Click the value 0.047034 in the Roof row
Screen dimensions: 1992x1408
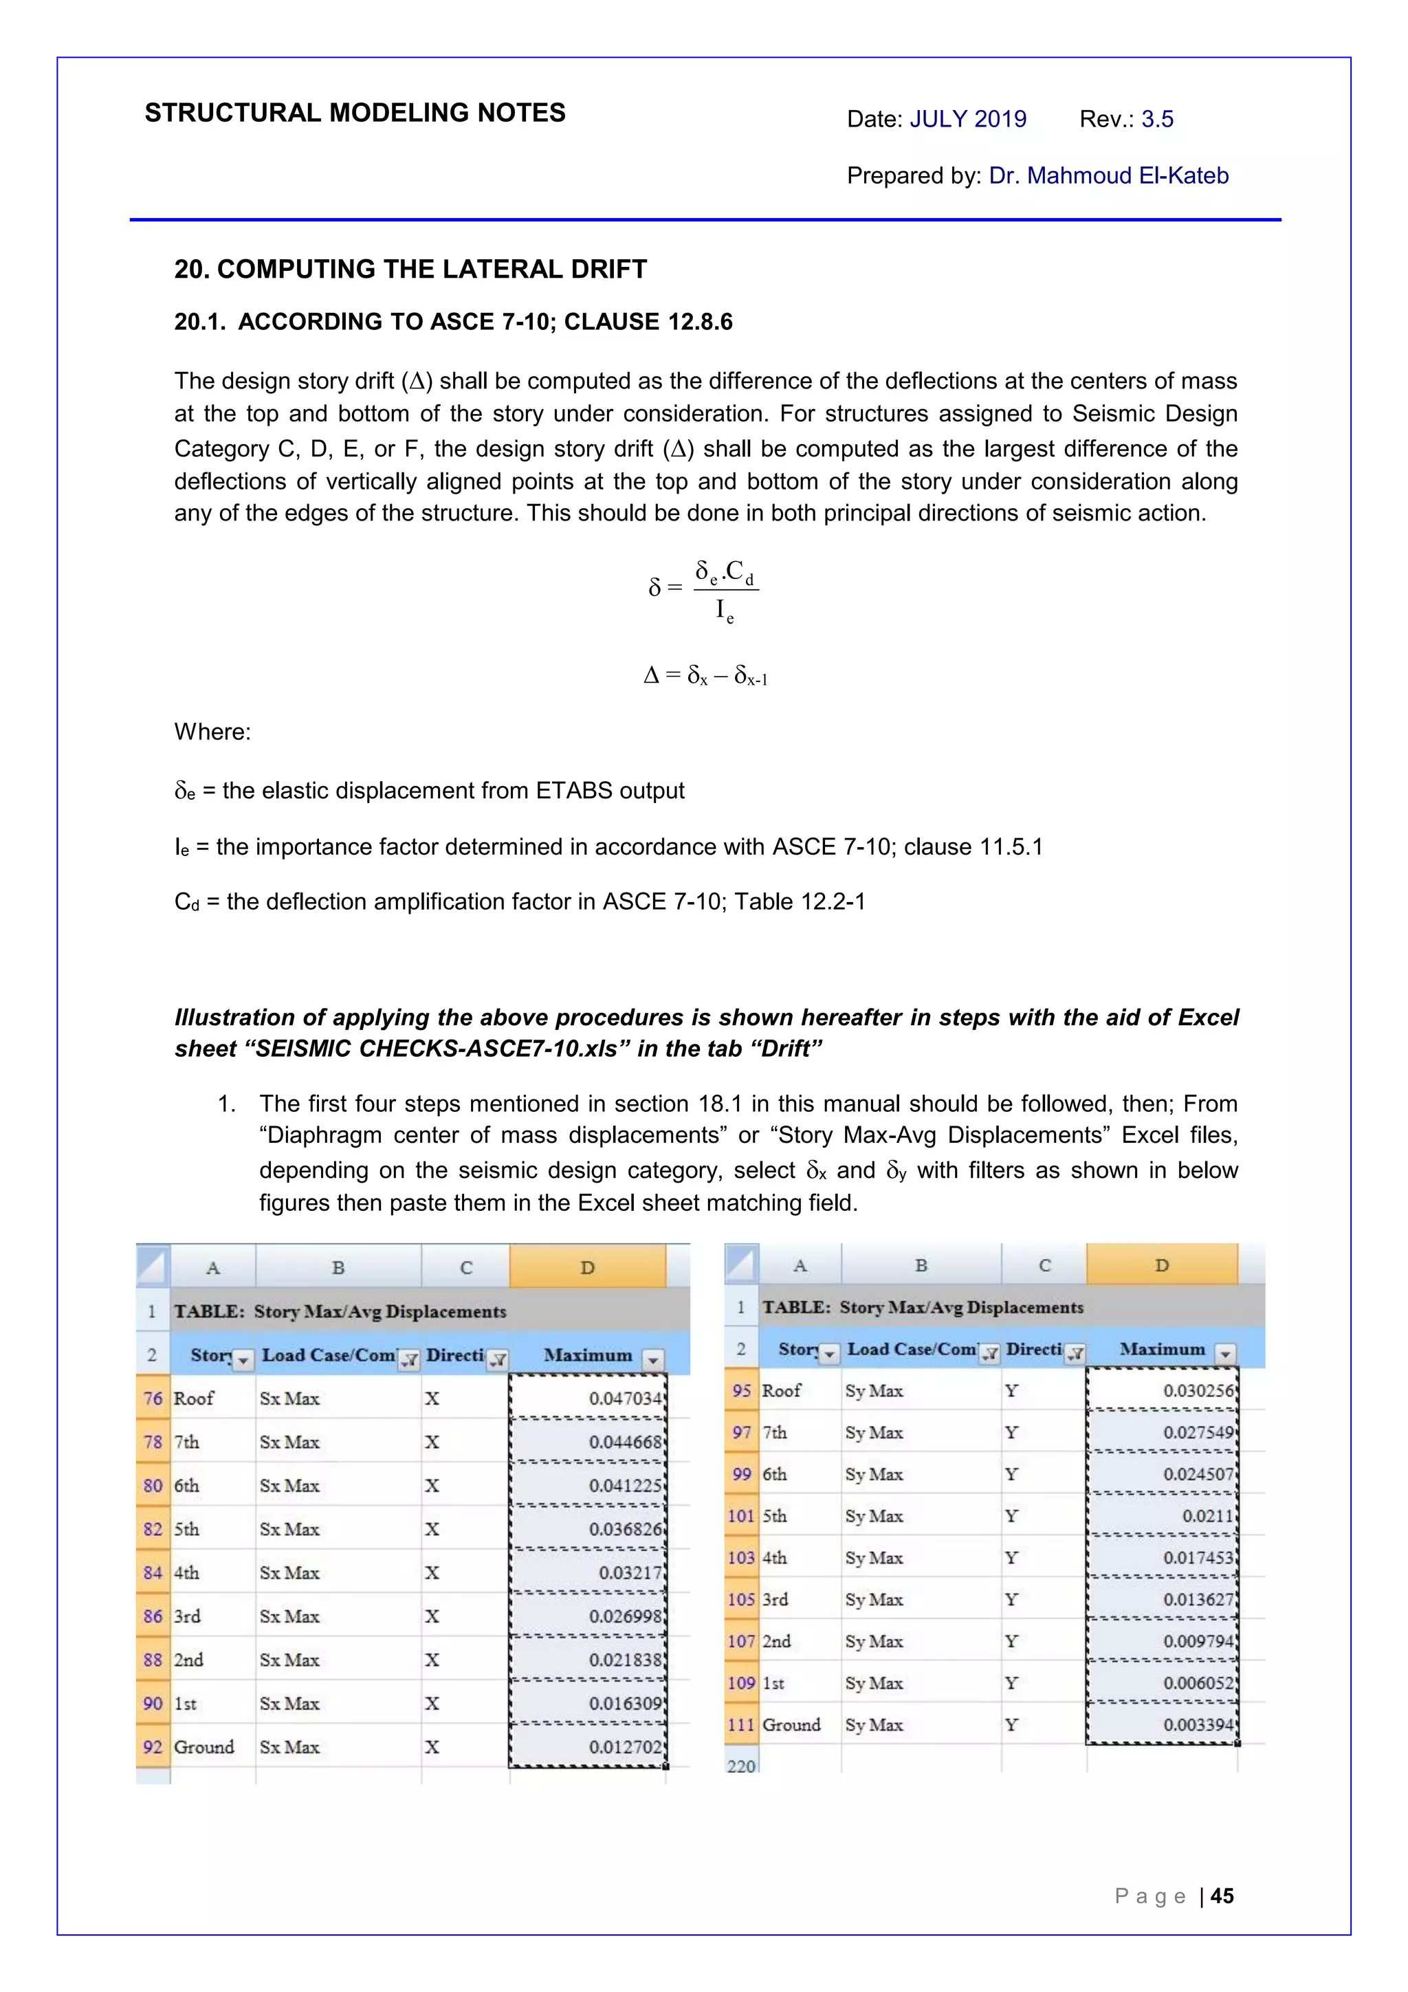tap(625, 1398)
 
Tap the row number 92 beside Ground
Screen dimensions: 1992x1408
tap(153, 1747)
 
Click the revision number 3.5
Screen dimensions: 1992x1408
tap(1156, 119)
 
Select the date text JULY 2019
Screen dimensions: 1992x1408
tap(967, 119)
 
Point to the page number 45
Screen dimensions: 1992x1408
tap(1222, 1896)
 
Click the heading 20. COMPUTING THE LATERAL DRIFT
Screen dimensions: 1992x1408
tap(410, 269)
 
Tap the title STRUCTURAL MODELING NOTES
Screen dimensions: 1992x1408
tap(355, 113)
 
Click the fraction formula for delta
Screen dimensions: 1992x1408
tap(705, 590)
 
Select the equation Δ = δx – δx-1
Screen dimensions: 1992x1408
tap(705, 675)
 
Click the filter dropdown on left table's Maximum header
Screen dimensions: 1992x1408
tap(653, 1359)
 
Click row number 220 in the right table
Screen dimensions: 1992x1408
tap(741, 1766)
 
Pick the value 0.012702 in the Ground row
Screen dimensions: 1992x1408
tap(625, 1747)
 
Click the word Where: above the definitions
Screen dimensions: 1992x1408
tap(212, 732)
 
